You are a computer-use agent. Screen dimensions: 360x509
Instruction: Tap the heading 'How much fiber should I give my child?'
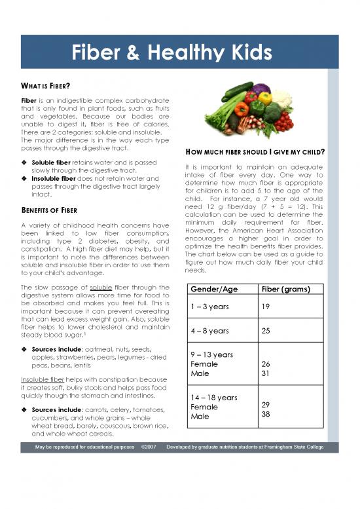point(255,152)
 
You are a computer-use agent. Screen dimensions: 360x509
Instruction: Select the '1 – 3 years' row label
point(205,307)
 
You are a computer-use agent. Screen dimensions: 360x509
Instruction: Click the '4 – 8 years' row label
point(206,331)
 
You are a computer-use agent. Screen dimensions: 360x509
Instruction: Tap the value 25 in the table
point(266,331)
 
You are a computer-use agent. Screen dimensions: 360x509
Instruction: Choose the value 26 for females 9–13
point(266,364)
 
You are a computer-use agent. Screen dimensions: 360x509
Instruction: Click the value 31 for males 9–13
point(266,373)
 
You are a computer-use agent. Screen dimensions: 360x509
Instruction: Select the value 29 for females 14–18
point(266,405)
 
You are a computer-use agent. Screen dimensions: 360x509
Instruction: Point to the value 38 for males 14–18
point(266,415)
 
